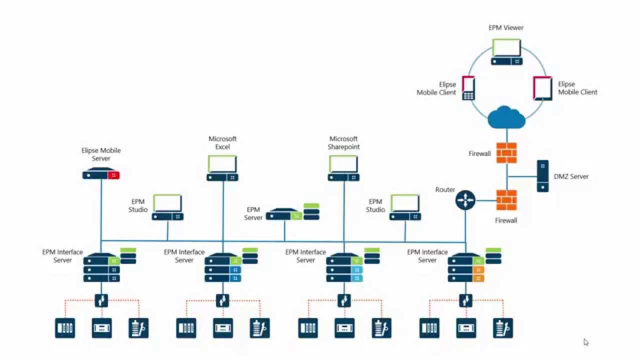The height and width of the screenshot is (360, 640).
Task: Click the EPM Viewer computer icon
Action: pos(506,52)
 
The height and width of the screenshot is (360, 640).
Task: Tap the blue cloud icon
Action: pos(506,118)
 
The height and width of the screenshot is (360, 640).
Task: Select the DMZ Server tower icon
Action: pos(542,176)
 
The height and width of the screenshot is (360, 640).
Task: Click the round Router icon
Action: pos(465,200)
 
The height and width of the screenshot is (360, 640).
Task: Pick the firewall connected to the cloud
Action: pos(506,153)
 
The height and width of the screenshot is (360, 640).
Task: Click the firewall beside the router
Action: pos(506,200)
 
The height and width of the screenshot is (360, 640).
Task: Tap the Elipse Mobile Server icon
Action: pos(101,175)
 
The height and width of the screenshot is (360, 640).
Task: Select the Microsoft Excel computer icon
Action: pos(222,168)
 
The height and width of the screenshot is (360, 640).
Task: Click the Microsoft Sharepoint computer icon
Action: pos(343,168)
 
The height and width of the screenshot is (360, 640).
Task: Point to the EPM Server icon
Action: pos(292,213)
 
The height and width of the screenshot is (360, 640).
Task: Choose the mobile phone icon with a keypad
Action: pos(468,88)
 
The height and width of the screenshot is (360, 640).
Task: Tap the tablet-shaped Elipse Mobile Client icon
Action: pos(542,88)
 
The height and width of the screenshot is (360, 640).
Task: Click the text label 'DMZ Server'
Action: pos(571,176)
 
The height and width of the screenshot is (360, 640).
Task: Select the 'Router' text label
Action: pos(445,190)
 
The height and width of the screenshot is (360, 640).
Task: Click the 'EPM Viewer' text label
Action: pos(506,28)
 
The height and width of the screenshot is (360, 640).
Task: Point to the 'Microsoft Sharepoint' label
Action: pos(343,143)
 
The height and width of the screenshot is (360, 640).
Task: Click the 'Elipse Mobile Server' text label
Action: pos(101,154)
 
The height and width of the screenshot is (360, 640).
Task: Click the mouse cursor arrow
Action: pos(585,342)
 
